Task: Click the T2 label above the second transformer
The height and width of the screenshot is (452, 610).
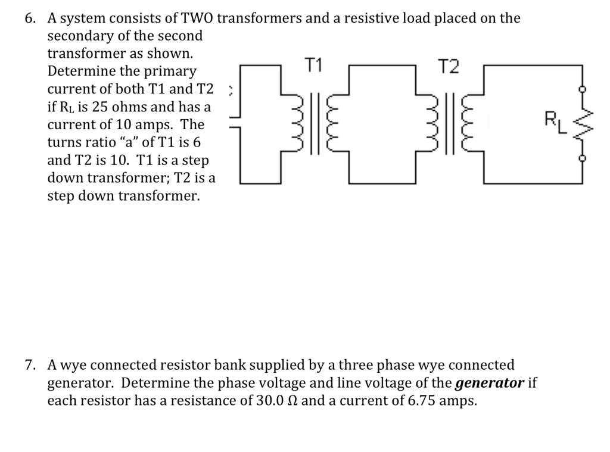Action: click(x=448, y=67)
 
